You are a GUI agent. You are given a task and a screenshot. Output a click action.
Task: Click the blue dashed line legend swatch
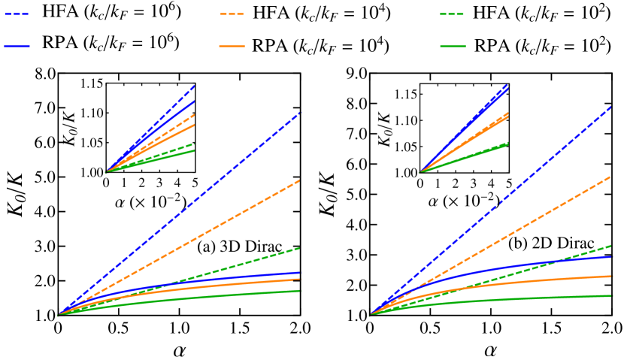click(17, 14)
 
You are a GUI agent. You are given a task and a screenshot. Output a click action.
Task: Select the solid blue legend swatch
click(17, 47)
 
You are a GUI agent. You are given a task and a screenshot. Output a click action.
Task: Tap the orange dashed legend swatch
click(232, 14)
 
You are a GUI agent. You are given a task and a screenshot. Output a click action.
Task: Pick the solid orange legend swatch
click(232, 47)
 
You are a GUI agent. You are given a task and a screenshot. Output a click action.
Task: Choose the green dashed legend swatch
click(452, 14)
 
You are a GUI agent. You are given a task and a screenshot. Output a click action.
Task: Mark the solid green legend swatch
click(453, 47)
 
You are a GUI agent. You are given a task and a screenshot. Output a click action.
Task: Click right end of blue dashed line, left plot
click(300, 113)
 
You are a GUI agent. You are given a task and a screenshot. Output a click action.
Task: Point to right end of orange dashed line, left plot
click(300, 180)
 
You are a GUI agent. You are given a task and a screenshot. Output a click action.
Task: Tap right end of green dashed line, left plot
click(300, 248)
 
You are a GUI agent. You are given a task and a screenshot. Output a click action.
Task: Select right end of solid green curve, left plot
click(300, 291)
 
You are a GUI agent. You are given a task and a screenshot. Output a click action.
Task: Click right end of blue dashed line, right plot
click(612, 106)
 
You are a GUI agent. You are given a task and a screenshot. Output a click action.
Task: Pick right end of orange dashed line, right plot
click(610, 177)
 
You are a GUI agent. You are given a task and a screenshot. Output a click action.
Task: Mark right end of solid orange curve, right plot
click(612, 276)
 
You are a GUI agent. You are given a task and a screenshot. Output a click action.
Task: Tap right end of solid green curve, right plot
click(612, 295)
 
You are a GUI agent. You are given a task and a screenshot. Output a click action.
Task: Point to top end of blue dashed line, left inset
click(195, 86)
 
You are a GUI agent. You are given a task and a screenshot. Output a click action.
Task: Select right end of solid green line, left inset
click(195, 151)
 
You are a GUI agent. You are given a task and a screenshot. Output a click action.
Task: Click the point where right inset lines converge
click(420, 172)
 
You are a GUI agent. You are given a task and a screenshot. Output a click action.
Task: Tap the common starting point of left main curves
click(59, 315)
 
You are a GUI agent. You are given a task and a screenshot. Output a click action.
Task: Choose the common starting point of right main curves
click(369, 316)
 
